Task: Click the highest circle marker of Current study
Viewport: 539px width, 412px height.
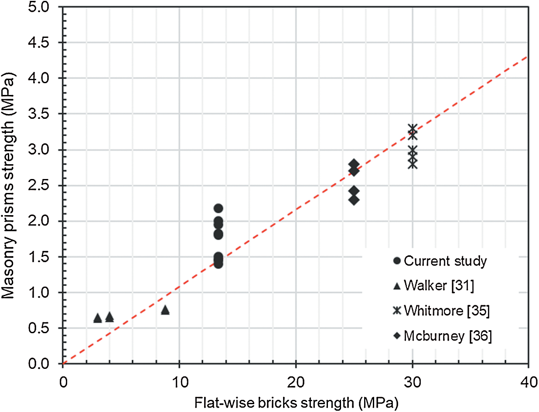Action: tap(218, 208)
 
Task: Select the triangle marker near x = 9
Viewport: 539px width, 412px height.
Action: tap(165, 310)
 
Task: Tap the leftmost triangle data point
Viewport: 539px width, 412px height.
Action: tap(98, 318)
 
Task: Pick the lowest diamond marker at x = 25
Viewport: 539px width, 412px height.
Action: tap(354, 200)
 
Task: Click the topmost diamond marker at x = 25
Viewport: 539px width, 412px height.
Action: tap(354, 164)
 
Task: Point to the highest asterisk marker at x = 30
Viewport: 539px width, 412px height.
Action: tap(412, 129)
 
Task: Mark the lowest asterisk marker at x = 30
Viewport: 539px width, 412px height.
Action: tap(412, 164)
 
